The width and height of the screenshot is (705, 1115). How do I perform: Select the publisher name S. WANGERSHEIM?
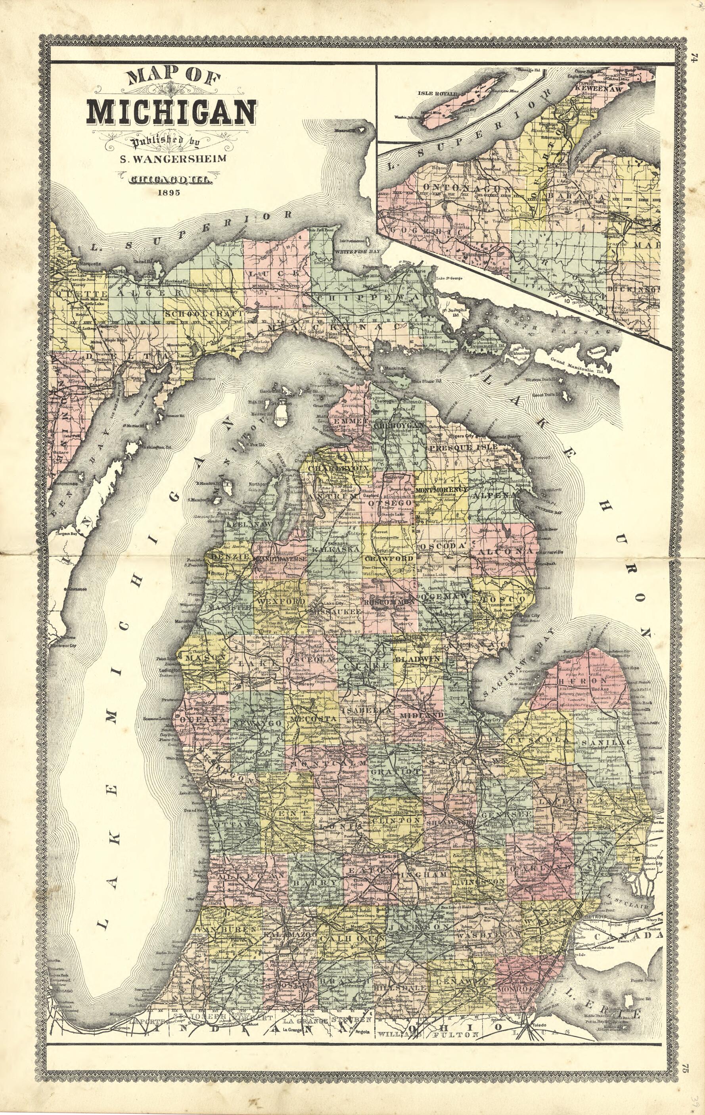173,159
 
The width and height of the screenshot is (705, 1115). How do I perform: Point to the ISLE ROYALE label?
437,94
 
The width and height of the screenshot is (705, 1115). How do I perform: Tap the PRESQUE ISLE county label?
462,448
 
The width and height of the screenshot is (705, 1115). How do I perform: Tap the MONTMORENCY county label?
442,489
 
